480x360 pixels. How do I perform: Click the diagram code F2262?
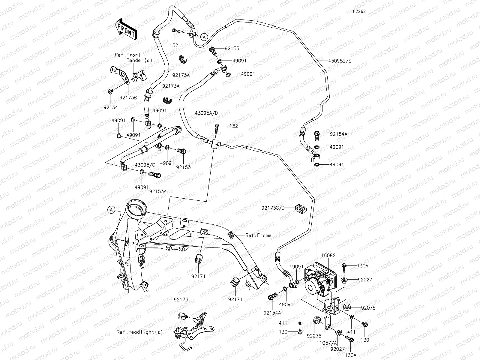(359, 12)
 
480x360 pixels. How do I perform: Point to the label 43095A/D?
(206, 113)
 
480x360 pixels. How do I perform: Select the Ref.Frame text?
(258, 235)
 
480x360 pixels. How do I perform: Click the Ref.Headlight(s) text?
(140, 332)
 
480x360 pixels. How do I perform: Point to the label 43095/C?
(145, 165)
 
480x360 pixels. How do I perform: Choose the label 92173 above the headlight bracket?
(181, 300)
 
